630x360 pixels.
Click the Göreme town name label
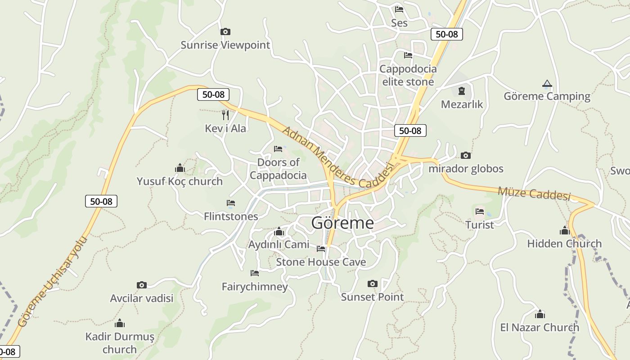pos(342,223)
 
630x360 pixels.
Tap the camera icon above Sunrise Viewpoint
pos(225,31)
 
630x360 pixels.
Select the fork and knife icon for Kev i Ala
pos(225,115)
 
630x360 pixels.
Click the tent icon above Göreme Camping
pos(547,83)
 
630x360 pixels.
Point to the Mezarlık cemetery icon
pos(461,91)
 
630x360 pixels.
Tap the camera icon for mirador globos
pos(466,156)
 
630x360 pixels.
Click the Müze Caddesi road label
pos(534,194)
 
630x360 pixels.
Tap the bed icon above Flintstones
pos(231,203)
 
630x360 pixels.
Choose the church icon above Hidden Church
pos(564,230)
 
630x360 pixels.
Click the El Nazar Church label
pos(540,327)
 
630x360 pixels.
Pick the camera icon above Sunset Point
pos(372,283)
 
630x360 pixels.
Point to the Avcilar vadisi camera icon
pos(142,285)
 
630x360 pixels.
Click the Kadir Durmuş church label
pos(120,343)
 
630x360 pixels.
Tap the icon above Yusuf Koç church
pos(180,168)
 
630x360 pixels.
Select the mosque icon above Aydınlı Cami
pos(279,232)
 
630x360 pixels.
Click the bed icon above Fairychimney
pos(255,273)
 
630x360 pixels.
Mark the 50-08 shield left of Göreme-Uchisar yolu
pos(101,201)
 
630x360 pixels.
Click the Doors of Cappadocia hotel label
pos(278,169)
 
